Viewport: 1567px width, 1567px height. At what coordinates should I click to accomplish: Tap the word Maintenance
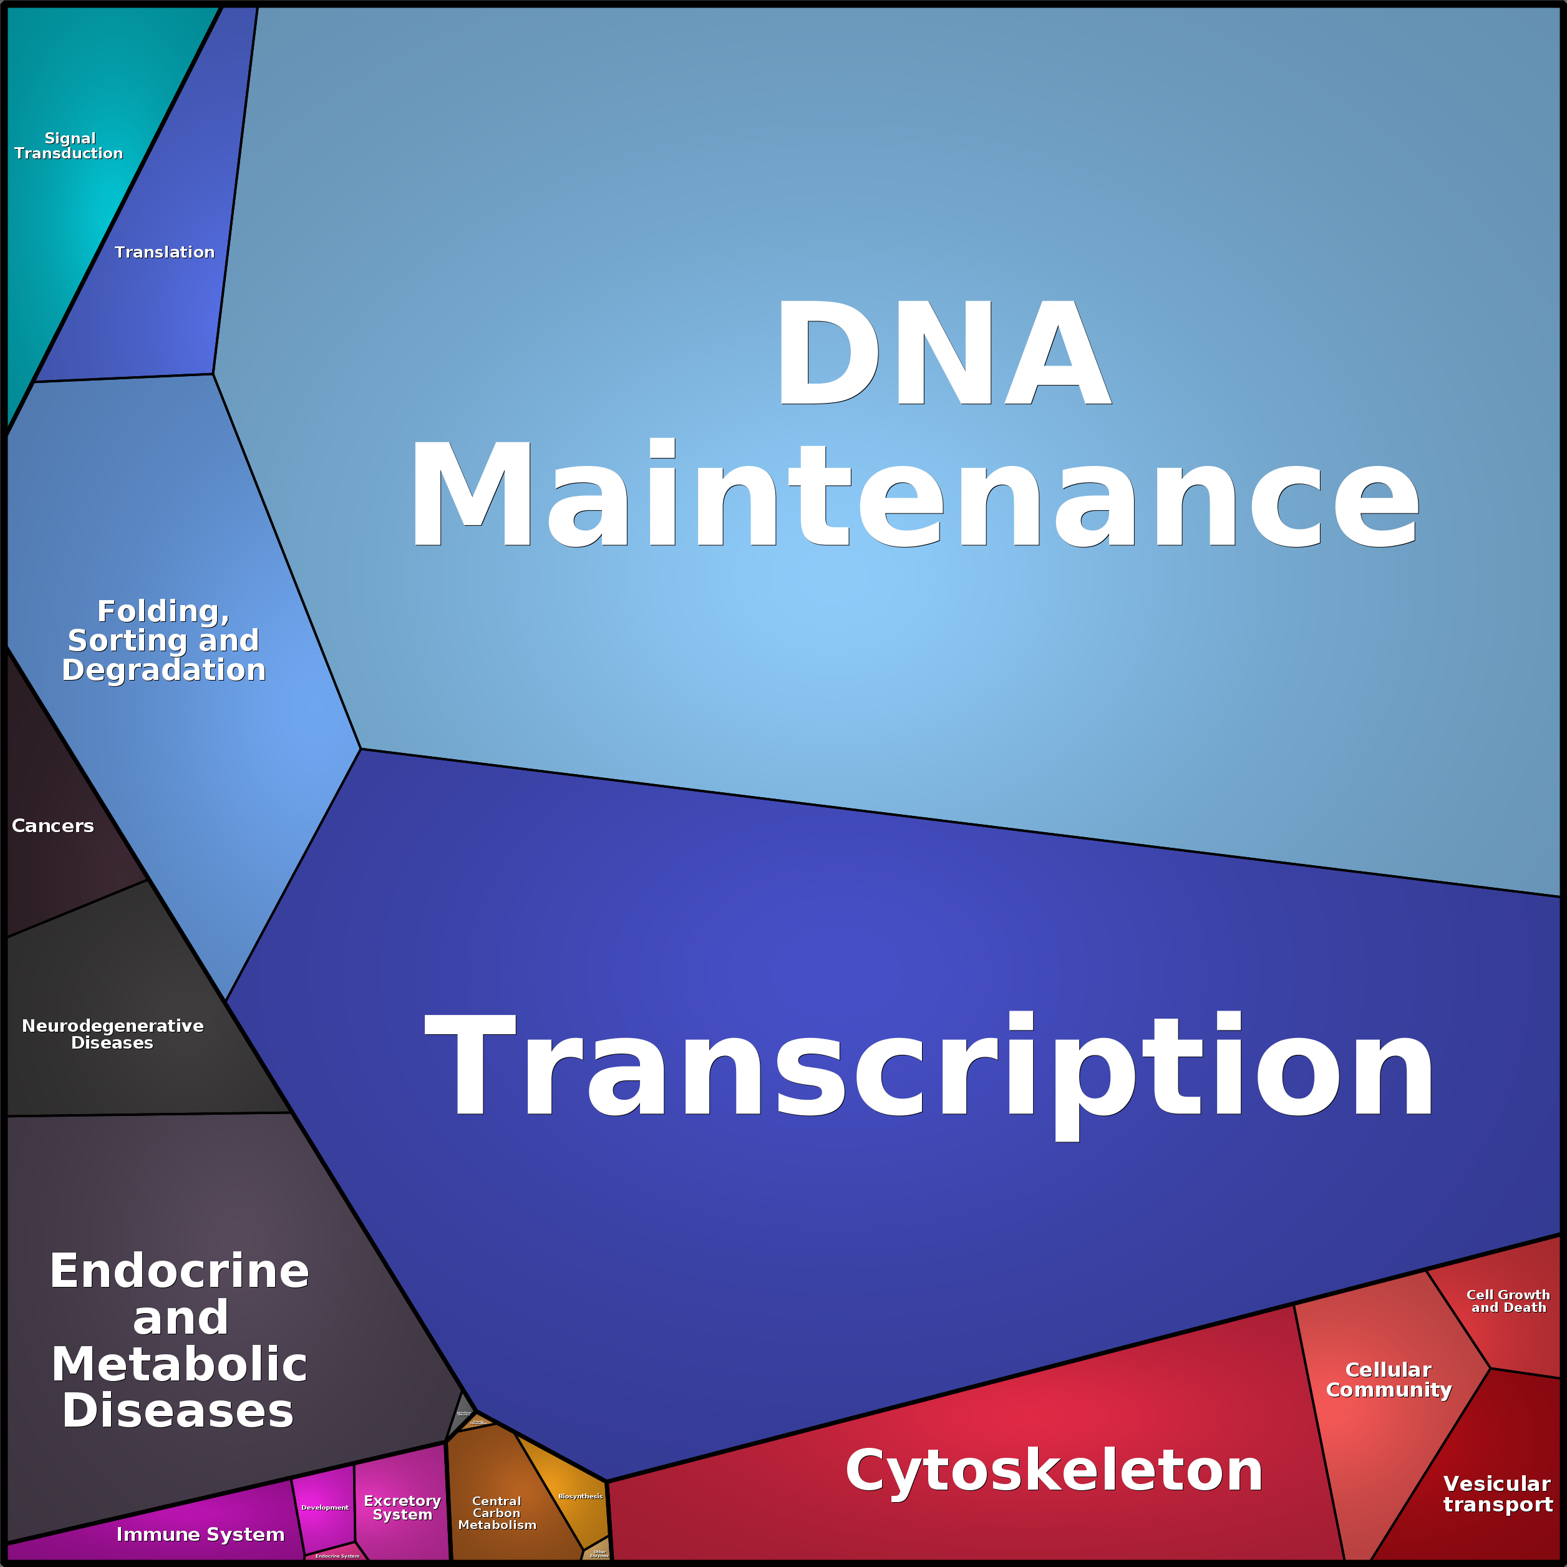914,494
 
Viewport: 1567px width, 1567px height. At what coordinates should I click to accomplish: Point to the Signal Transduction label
69,146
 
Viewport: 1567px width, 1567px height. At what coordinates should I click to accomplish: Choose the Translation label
165,252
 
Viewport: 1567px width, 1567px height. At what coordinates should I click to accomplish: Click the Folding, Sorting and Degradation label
164,640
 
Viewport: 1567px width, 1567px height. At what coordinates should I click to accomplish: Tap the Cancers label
53,826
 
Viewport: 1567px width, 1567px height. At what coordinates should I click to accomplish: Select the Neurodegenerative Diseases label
113,1034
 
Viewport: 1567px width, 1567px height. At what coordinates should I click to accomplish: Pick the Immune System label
200,1535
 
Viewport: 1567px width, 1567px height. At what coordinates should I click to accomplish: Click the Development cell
324,1508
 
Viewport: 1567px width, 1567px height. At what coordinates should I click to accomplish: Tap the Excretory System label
402,1508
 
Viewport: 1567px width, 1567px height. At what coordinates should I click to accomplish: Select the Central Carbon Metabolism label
497,1513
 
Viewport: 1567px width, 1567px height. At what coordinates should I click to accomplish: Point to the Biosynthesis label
581,1497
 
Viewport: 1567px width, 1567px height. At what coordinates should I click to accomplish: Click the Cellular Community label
1389,1380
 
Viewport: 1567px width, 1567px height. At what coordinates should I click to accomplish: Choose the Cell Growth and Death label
1508,1301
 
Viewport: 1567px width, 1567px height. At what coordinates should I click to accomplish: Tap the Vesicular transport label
1497,1494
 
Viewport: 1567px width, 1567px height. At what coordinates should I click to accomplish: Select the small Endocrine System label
337,1556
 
